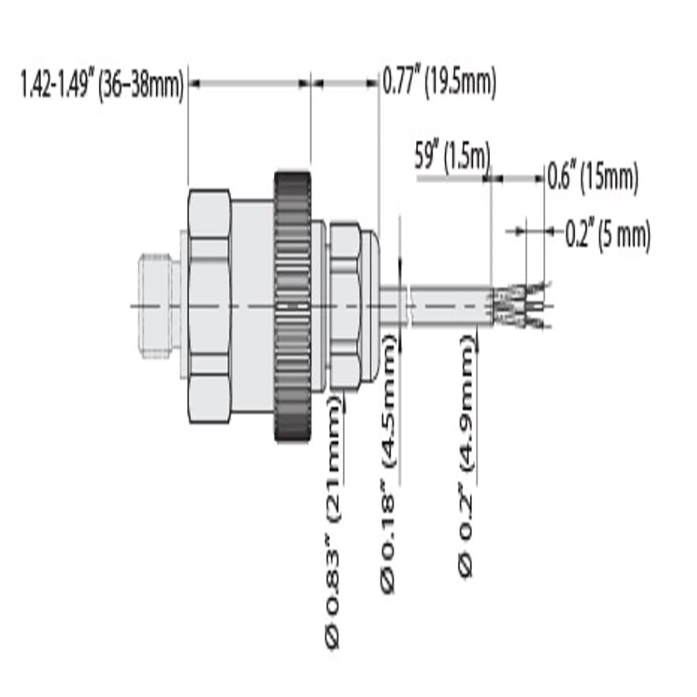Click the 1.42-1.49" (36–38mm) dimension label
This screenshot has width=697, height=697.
pyautogui.click(x=102, y=84)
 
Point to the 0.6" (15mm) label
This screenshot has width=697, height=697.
pyautogui.click(x=592, y=177)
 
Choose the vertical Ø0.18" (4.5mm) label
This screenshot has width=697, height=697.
pyautogui.click(x=388, y=464)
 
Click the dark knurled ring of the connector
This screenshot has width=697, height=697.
pyautogui.click(x=292, y=306)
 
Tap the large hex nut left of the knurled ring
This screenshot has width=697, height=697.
pyautogui.click(x=209, y=306)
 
